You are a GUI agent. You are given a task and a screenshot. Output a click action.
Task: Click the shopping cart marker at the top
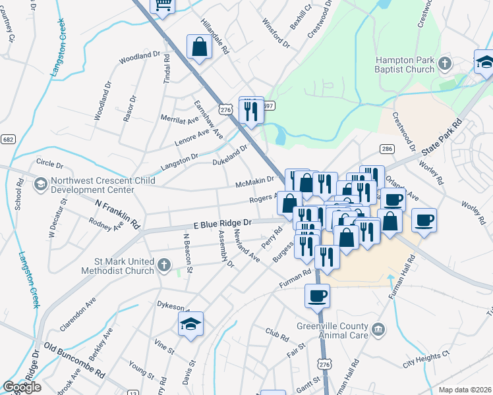[x=162, y=5]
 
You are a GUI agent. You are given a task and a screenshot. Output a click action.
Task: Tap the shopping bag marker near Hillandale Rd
[x=199, y=47]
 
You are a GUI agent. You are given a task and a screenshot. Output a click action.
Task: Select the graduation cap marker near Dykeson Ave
[x=190, y=325]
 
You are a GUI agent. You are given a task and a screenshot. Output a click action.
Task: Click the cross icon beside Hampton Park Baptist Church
[x=445, y=64]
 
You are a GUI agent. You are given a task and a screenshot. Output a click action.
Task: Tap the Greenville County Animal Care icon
[x=378, y=329]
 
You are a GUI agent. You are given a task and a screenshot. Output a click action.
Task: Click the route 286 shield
[x=387, y=149]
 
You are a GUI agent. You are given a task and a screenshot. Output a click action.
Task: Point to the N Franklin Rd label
[x=118, y=215]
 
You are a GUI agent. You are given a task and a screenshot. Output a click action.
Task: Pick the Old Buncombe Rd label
[x=74, y=359]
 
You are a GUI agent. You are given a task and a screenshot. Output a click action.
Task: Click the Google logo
[x=22, y=387]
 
